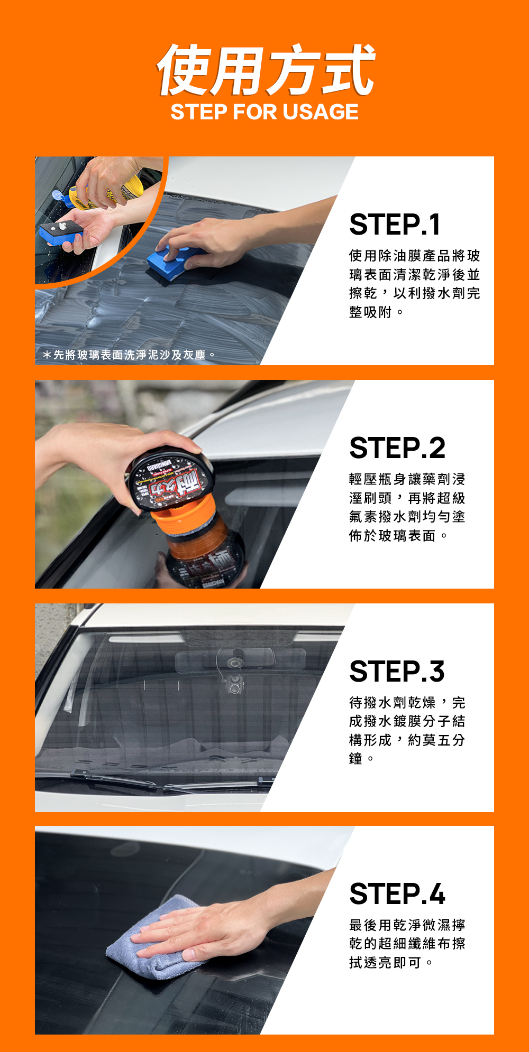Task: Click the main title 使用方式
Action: pyautogui.click(x=266, y=70)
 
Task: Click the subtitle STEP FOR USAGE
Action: pyautogui.click(x=264, y=112)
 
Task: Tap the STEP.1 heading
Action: pyautogui.click(x=395, y=225)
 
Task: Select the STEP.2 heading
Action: pyautogui.click(x=397, y=448)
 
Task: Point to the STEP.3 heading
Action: pyautogui.click(x=397, y=672)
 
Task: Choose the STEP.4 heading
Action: pyautogui.click(x=397, y=894)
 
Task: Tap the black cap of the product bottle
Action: pyautogui.click(x=170, y=480)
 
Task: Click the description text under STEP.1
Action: pyautogui.click(x=414, y=284)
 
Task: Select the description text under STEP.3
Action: pyautogui.click(x=407, y=731)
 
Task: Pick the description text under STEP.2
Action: pyautogui.click(x=407, y=507)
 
